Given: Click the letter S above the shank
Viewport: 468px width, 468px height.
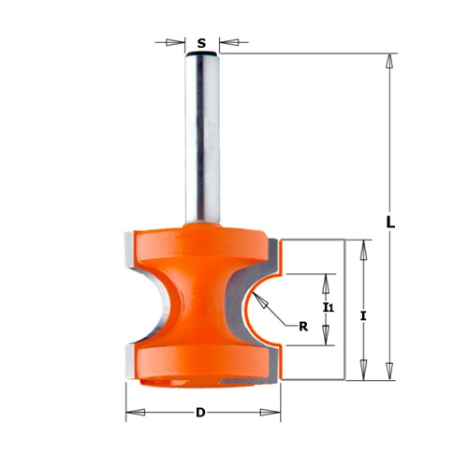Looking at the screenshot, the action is pyautogui.click(x=201, y=43).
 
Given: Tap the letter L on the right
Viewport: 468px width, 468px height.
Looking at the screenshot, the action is pyautogui.click(x=390, y=222).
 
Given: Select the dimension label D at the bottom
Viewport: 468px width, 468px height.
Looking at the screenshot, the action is pyautogui.click(x=200, y=413).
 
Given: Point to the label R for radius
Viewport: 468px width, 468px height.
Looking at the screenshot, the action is pyautogui.click(x=303, y=327).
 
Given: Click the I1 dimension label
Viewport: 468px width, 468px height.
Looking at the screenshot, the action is pyautogui.click(x=329, y=308).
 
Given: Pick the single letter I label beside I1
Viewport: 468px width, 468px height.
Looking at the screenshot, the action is pyautogui.click(x=363, y=316).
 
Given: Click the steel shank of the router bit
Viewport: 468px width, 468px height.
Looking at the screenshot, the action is pyautogui.click(x=202, y=139).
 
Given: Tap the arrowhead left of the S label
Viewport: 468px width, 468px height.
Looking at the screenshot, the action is pyautogui.click(x=175, y=42).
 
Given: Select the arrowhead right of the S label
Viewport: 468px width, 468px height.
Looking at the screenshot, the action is pyautogui.click(x=229, y=42).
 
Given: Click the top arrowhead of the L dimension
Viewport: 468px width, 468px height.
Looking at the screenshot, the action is pyautogui.click(x=388, y=61).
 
